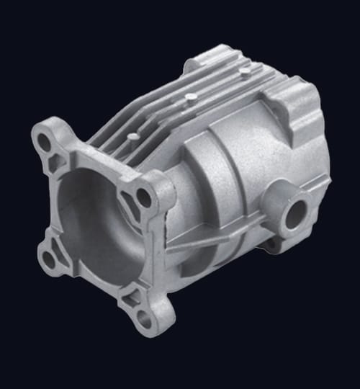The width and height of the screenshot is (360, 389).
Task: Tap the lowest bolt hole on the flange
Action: click(x=145, y=318)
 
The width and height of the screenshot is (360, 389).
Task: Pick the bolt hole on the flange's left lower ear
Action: click(x=50, y=257)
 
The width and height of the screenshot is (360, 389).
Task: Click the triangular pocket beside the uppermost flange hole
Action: click(x=55, y=162)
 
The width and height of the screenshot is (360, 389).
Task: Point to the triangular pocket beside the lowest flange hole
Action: click(x=131, y=297)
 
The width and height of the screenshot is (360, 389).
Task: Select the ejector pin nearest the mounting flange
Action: click(x=133, y=135)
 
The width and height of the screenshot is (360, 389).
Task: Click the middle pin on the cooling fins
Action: click(x=190, y=97)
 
